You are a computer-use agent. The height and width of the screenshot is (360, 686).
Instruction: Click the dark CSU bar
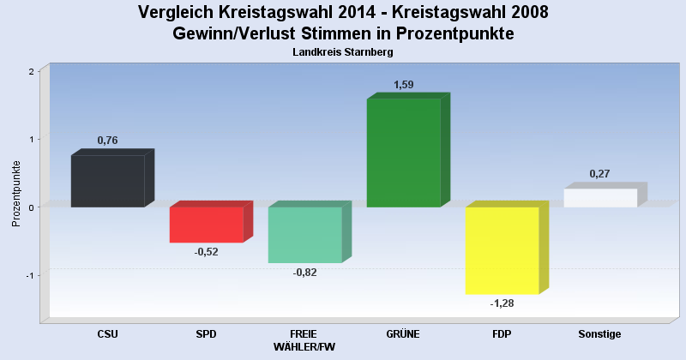click(x=107, y=181)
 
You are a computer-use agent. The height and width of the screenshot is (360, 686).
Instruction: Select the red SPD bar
click(x=206, y=225)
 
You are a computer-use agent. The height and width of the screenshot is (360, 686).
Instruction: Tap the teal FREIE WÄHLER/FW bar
click(x=304, y=235)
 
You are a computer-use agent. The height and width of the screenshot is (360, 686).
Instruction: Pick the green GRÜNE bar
click(x=403, y=153)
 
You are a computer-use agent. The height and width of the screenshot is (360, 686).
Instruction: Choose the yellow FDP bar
click(x=502, y=250)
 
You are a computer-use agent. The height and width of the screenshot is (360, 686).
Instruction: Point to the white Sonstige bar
click(x=600, y=198)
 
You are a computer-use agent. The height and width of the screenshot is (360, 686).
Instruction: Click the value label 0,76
click(x=107, y=141)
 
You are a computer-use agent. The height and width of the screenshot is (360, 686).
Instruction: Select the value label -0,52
click(x=206, y=252)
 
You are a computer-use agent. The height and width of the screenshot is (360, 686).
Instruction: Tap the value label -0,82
click(x=304, y=273)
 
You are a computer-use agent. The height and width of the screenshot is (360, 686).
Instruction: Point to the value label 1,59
click(x=403, y=84)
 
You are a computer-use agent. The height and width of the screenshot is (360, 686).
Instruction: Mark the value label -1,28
click(x=502, y=303)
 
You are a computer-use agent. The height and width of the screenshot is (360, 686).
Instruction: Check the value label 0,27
click(x=600, y=174)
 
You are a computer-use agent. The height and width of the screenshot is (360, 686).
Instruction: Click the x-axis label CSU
click(x=107, y=334)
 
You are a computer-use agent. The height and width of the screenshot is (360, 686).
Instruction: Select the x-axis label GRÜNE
click(x=403, y=334)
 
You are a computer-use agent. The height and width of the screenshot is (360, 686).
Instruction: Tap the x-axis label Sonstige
click(x=600, y=334)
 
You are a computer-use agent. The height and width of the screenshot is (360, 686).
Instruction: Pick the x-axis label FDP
click(x=502, y=334)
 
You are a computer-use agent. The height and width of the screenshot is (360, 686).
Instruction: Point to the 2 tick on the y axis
click(x=31, y=71)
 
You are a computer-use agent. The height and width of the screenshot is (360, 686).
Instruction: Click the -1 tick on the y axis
click(x=29, y=275)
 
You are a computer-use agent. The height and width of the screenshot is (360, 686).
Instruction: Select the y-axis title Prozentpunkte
click(x=16, y=195)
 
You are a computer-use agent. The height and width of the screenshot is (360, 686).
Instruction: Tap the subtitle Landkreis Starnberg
click(x=342, y=52)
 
